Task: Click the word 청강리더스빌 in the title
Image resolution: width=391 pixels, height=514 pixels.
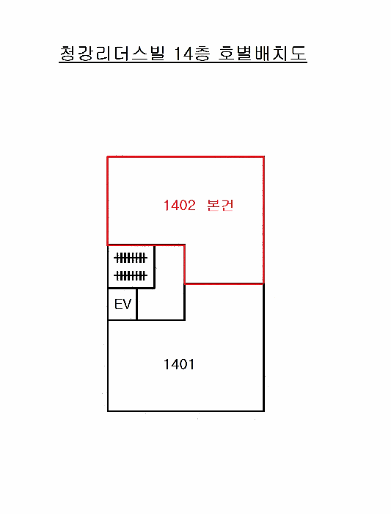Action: (112, 54)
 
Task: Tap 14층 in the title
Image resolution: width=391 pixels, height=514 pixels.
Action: (191, 54)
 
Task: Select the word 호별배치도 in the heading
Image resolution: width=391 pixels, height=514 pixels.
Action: (263, 54)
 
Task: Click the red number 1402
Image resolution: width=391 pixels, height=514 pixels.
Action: (180, 206)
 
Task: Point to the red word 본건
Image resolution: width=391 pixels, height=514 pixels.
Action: (220, 205)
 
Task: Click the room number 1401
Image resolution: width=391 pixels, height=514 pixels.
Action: (179, 364)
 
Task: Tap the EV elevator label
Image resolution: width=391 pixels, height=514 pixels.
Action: (123, 305)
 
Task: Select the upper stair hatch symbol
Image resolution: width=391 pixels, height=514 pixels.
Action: (131, 258)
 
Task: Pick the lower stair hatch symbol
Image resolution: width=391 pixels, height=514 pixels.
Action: (131, 275)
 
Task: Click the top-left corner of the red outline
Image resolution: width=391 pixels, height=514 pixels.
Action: (108, 157)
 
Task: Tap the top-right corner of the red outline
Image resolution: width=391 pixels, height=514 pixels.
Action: (263, 157)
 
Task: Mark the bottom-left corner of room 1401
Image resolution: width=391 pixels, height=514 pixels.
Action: (108, 410)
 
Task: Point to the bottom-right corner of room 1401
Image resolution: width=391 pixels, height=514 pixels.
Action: (264, 410)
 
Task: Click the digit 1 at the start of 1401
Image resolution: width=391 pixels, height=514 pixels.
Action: (166, 364)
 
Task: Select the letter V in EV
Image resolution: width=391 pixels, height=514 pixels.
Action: (127, 305)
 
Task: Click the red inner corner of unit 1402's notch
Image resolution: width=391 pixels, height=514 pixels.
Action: (185, 283)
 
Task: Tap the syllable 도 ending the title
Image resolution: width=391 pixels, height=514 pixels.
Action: (299, 54)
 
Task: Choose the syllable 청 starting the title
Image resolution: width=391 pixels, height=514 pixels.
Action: (67, 54)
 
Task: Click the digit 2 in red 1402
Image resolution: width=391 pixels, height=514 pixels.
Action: (191, 206)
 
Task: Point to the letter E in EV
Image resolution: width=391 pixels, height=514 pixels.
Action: (118, 305)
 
